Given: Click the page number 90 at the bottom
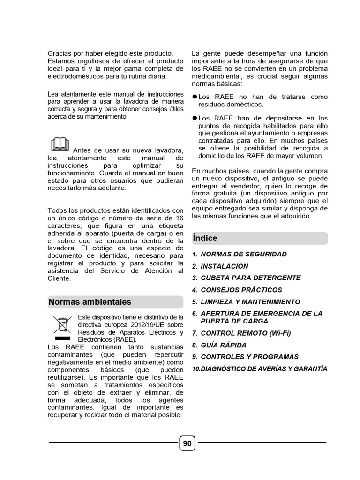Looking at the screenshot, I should (x=187, y=443).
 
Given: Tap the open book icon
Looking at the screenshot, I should (x=59, y=143).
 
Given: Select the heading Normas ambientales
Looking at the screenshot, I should (x=90, y=302).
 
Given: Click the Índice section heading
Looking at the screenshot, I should (x=205, y=238).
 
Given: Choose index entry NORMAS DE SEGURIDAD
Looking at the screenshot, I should (x=243, y=254).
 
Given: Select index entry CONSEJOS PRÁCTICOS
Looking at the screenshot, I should (x=241, y=290).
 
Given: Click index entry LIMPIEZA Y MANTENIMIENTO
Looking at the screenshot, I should (x=250, y=302).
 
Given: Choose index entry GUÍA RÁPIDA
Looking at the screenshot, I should (x=223, y=345).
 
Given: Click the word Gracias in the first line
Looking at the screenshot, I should (x=60, y=54).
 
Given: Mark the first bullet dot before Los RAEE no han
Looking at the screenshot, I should (x=195, y=97).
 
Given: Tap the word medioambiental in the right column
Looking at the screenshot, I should (x=217, y=76).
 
